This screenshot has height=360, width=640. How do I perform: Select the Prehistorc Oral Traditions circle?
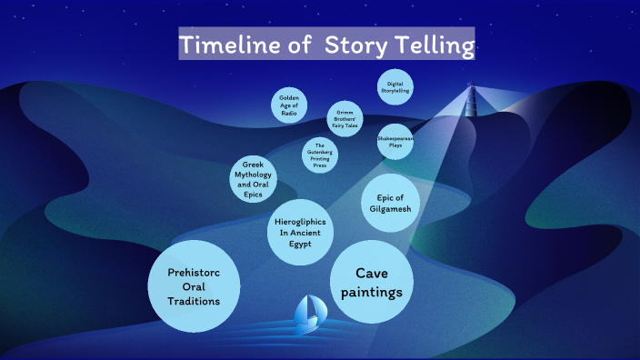click(193, 287)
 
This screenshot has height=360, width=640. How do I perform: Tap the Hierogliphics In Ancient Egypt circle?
click(301, 233)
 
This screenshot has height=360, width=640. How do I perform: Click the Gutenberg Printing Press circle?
click(320, 154)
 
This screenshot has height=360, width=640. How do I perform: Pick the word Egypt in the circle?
click(301, 245)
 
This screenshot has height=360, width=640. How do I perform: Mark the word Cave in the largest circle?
click(372, 273)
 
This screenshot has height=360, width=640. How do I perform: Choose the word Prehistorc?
click(193, 274)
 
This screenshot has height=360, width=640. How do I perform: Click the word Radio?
click(289, 115)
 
